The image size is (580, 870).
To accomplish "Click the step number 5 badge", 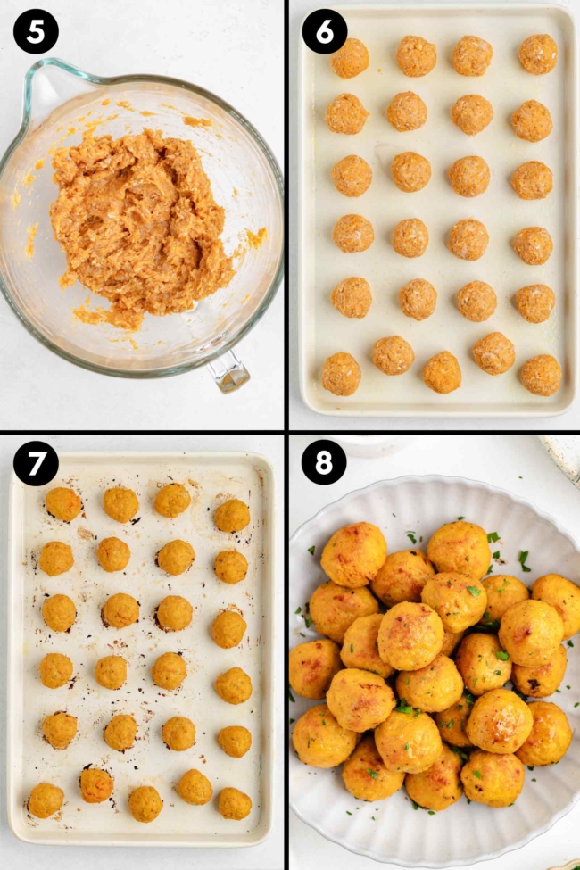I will point(36,31).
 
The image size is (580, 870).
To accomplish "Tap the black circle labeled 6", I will point(325,31).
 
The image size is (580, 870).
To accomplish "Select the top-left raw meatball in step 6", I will point(349,58).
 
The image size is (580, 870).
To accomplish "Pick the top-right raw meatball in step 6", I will point(538,54).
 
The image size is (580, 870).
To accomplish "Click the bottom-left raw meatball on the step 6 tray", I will point(341,374).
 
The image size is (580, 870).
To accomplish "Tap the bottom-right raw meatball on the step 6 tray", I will point(541,375).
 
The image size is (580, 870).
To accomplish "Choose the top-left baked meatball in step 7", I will point(63,504).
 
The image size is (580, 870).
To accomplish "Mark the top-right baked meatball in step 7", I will point(232,516).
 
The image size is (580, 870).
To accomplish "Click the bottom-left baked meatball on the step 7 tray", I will point(46,800).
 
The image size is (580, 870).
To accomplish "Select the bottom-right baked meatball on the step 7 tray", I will point(234,803).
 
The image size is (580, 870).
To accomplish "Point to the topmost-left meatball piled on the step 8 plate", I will point(353,554).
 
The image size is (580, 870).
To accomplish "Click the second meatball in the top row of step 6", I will point(416,56).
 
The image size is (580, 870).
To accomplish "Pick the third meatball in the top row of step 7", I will point(172,501).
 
